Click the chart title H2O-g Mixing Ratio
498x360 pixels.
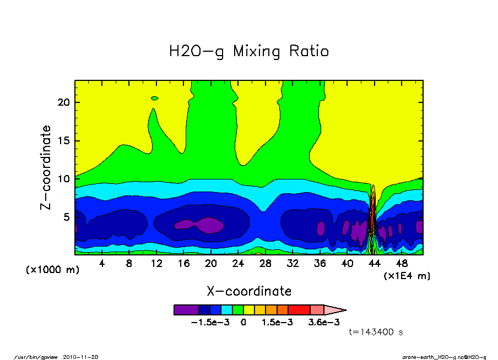point(249,52)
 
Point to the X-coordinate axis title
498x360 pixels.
point(249,291)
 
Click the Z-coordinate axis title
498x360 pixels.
point(46,167)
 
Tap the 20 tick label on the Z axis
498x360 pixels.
point(64,102)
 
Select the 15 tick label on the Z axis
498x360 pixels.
point(64,141)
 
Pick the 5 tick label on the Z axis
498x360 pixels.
point(67,217)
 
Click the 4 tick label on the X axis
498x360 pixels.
point(102,264)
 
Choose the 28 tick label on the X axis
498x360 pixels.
point(266,264)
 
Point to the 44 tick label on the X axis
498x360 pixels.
point(374,264)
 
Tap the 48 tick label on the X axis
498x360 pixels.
point(402,264)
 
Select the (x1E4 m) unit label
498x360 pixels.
point(407,275)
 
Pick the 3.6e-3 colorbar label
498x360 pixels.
point(323,323)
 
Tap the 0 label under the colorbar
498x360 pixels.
point(243,323)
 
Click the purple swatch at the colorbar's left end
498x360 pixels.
point(186,310)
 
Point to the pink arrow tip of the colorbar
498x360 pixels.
point(335,310)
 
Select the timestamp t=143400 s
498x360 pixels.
point(377,332)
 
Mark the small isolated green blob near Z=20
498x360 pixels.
point(155,98)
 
